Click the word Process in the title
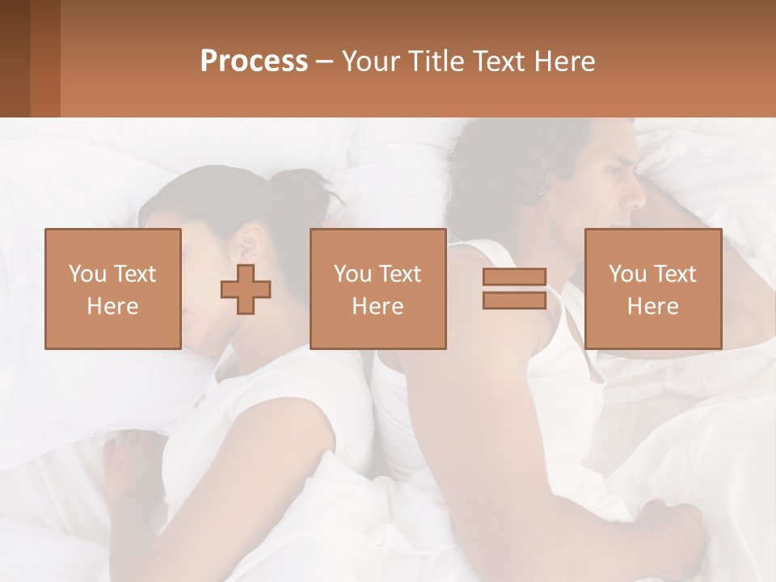(254, 61)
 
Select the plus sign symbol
(246, 289)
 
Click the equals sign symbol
(514, 289)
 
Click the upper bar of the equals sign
(514, 277)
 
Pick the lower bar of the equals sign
(514, 300)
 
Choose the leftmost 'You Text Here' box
(112, 289)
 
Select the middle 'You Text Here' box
(377, 289)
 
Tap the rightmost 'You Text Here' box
(652, 289)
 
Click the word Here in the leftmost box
(112, 306)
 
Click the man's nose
(639, 197)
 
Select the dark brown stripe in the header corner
(15, 58)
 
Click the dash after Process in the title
(325, 61)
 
